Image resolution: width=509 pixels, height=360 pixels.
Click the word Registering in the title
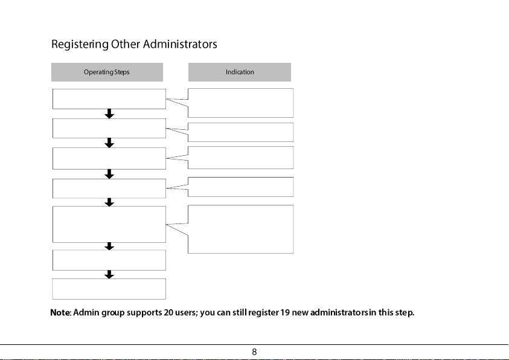(80, 45)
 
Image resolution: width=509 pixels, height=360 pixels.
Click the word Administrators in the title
(180, 44)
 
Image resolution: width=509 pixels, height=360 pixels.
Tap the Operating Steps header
(107, 72)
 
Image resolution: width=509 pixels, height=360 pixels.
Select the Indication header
(240, 72)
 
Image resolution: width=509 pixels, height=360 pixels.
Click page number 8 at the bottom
(254, 352)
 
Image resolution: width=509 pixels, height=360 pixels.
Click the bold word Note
(60, 312)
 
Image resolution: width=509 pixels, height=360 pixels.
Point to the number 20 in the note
(168, 312)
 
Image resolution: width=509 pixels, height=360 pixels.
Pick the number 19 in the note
(285, 312)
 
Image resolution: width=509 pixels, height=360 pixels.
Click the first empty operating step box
(109, 99)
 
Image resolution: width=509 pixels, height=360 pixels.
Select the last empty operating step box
(109, 289)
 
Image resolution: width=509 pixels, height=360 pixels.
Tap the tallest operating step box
(109, 224)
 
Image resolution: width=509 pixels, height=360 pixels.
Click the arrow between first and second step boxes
(109, 114)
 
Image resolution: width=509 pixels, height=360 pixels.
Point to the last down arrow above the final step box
(109, 274)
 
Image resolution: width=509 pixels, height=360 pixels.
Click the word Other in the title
(126, 44)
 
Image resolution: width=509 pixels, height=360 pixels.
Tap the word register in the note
(263, 313)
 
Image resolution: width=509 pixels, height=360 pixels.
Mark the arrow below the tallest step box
(109, 246)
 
